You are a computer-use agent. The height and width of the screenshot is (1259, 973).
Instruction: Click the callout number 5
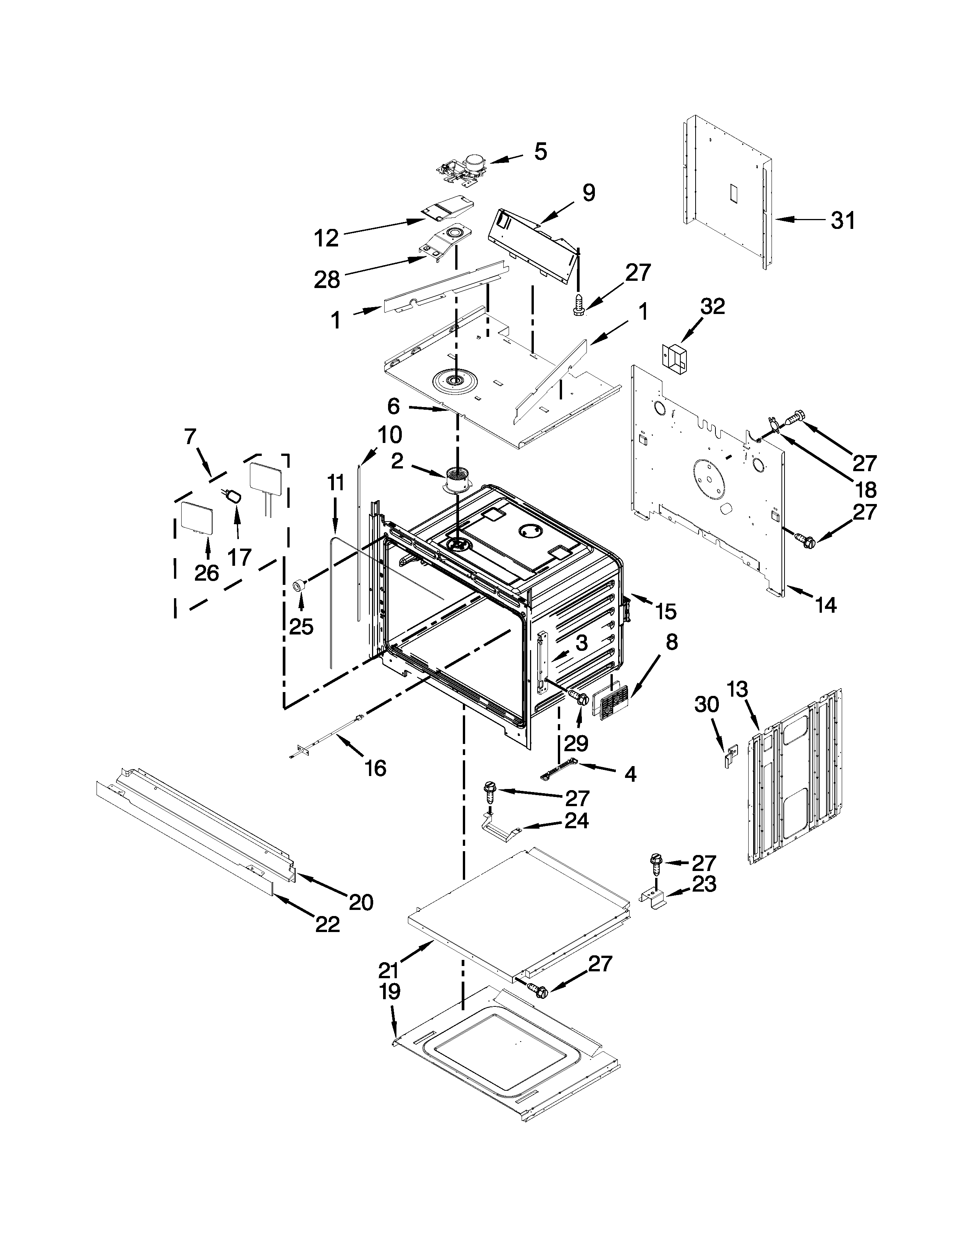click(x=540, y=151)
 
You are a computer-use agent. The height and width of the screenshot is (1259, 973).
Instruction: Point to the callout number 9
click(x=588, y=193)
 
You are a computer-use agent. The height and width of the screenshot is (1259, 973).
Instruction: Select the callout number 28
click(x=327, y=280)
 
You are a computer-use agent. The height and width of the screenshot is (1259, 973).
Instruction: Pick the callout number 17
click(x=239, y=557)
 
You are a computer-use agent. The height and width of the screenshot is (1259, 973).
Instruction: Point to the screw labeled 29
click(x=578, y=697)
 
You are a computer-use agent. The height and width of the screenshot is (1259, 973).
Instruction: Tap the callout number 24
click(x=577, y=820)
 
